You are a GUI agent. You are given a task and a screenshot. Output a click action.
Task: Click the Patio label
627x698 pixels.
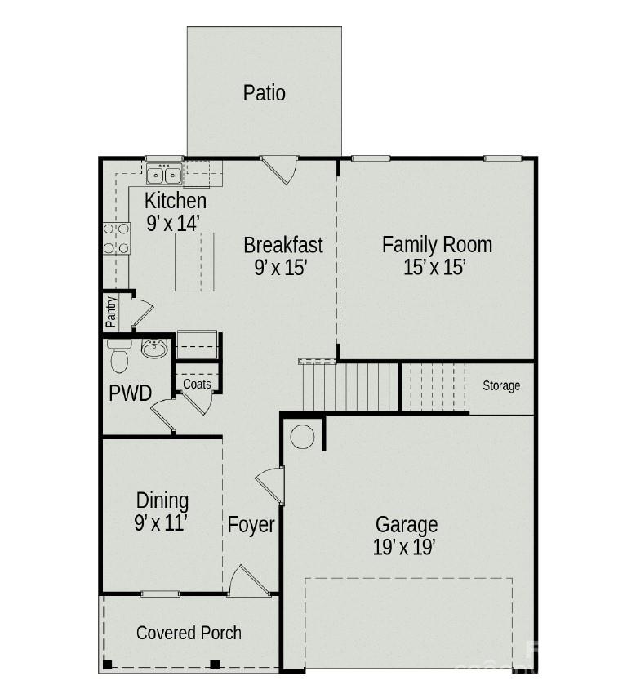tap(264, 93)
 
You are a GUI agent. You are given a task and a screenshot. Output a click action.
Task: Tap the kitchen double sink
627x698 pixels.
tap(164, 174)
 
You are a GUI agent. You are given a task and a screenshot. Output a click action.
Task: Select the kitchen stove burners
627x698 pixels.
tap(116, 238)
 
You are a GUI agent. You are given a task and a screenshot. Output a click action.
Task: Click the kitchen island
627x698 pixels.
tap(194, 262)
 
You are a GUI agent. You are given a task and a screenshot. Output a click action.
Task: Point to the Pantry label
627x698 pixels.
tap(110, 312)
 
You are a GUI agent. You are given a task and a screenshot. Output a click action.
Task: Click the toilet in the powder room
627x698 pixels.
tap(119, 356)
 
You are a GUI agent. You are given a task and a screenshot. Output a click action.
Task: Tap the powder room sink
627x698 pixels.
tap(154, 348)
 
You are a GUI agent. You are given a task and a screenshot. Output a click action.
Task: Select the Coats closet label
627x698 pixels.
tap(197, 384)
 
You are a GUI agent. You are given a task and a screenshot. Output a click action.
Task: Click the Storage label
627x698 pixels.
tap(501, 385)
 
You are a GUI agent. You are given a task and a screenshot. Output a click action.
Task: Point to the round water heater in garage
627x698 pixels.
tap(302, 436)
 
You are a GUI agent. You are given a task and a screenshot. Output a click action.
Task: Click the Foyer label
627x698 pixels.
tap(251, 524)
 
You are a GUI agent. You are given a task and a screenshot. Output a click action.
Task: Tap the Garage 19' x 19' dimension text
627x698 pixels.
tap(404, 548)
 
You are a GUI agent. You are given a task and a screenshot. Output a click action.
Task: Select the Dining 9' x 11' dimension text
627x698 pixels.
tap(160, 523)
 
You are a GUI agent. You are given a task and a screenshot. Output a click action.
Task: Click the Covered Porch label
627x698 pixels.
tap(189, 633)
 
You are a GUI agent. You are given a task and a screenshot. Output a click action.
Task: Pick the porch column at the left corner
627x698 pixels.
tap(107, 665)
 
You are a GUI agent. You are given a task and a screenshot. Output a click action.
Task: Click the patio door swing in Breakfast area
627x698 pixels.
tap(279, 169)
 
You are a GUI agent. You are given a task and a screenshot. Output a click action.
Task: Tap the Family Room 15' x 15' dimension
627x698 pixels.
tap(434, 268)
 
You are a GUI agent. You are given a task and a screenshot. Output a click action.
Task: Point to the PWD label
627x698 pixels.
tap(130, 393)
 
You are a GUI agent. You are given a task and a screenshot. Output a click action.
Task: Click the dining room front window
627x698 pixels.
tap(160, 594)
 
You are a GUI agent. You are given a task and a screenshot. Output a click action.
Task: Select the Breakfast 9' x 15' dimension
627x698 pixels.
tap(281, 268)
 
